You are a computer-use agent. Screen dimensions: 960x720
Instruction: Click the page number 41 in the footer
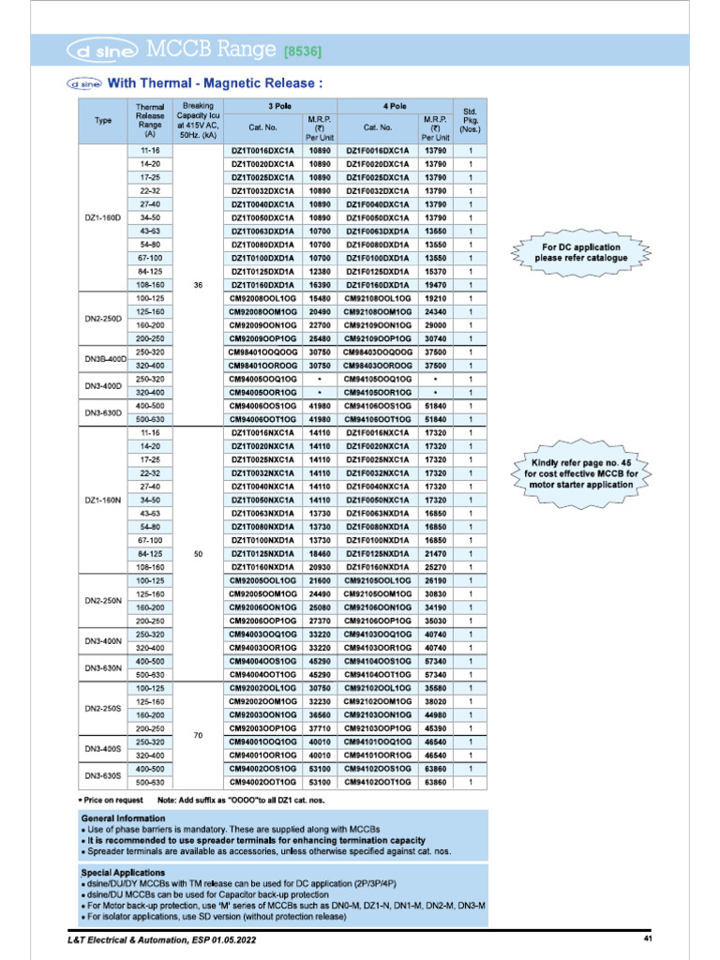tap(647, 938)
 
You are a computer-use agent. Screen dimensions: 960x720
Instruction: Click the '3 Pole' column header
tap(277, 107)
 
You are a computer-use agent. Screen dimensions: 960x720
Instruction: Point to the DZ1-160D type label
tap(103, 217)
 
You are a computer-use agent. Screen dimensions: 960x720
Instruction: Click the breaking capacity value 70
tap(198, 735)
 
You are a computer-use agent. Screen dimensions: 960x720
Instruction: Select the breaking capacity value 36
tap(198, 285)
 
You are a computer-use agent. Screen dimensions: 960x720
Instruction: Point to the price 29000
tap(434, 325)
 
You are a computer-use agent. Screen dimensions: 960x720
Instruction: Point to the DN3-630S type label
tap(103, 775)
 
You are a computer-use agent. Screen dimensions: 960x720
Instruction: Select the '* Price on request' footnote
tap(111, 800)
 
